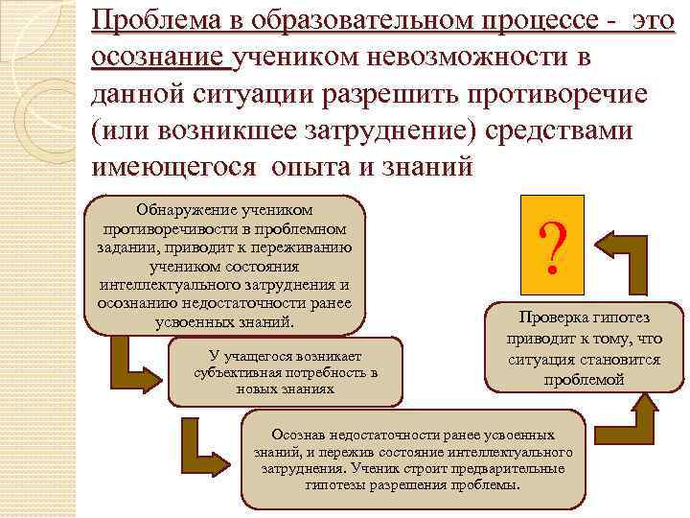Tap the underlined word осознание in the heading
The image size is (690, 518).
(159, 59)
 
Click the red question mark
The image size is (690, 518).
(550, 244)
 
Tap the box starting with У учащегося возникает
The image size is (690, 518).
(285, 372)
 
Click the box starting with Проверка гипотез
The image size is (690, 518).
(584, 349)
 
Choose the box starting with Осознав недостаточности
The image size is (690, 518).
(412, 459)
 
